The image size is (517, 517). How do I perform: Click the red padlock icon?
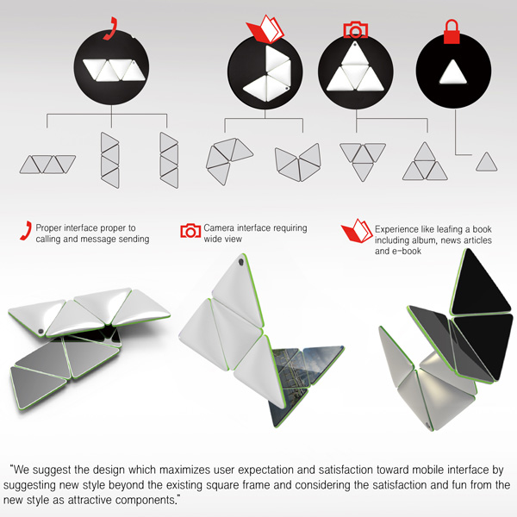[452, 32]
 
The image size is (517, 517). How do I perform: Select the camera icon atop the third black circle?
[355, 30]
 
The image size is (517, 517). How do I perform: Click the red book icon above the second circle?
[265, 29]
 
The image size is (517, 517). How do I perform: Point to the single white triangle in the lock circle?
[453, 72]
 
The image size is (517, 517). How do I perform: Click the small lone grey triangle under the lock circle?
[486, 162]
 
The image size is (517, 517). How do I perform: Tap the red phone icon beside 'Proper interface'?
[26, 230]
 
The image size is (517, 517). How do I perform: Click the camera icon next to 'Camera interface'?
[190, 231]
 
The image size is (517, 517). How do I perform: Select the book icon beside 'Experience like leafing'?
[357, 231]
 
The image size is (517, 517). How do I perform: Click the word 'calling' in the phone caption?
[48, 239]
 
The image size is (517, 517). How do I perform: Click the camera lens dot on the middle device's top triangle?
[241, 263]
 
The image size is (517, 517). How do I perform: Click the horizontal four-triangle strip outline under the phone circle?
[47, 165]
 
